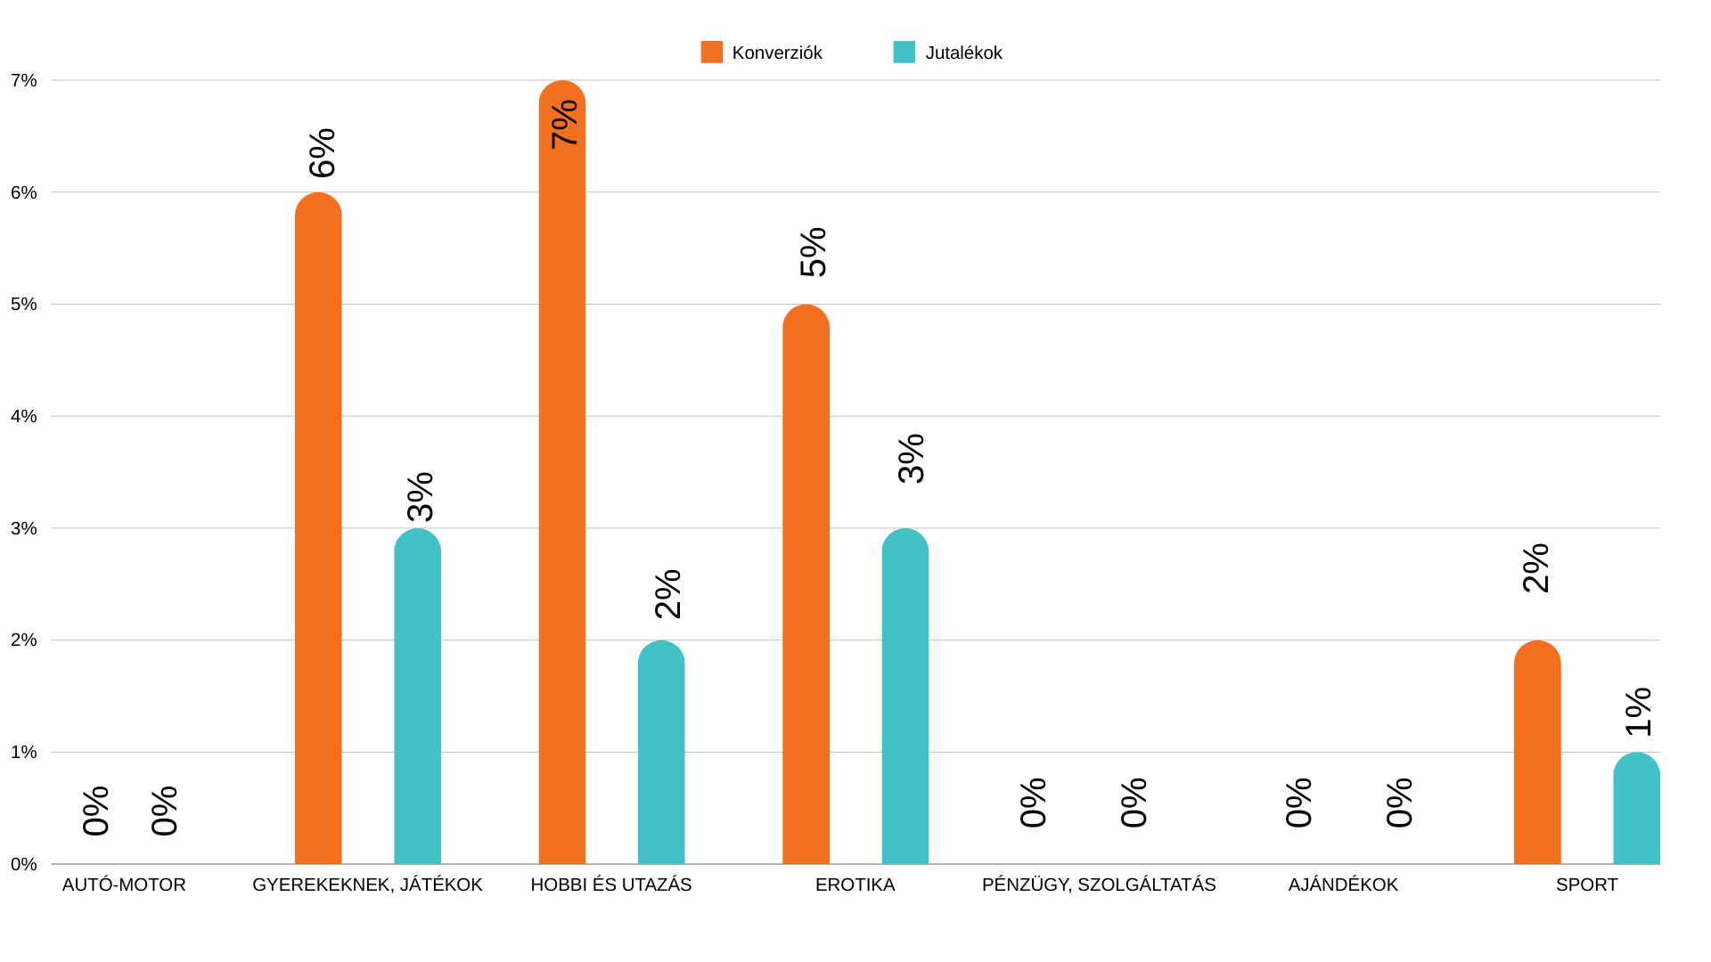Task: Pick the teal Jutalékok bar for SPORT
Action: tap(1636, 811)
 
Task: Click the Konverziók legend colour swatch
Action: tap(711, 53)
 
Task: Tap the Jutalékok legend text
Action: tap(963, 53)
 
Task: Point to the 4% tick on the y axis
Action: tap(24, 416)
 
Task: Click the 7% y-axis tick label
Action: tap(24, 81)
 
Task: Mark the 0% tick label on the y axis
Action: tap(24, 864)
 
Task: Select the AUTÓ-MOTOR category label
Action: tap(124, 885)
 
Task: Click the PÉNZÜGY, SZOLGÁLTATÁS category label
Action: tap(1098, 885)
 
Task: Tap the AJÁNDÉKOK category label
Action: tap(1343, 885)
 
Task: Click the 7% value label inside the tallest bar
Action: tap(565, 125)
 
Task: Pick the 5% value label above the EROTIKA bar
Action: tap(814, 252)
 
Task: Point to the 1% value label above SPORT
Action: tap(1639, 712)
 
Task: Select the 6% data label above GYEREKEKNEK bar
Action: tap(323, 153)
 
